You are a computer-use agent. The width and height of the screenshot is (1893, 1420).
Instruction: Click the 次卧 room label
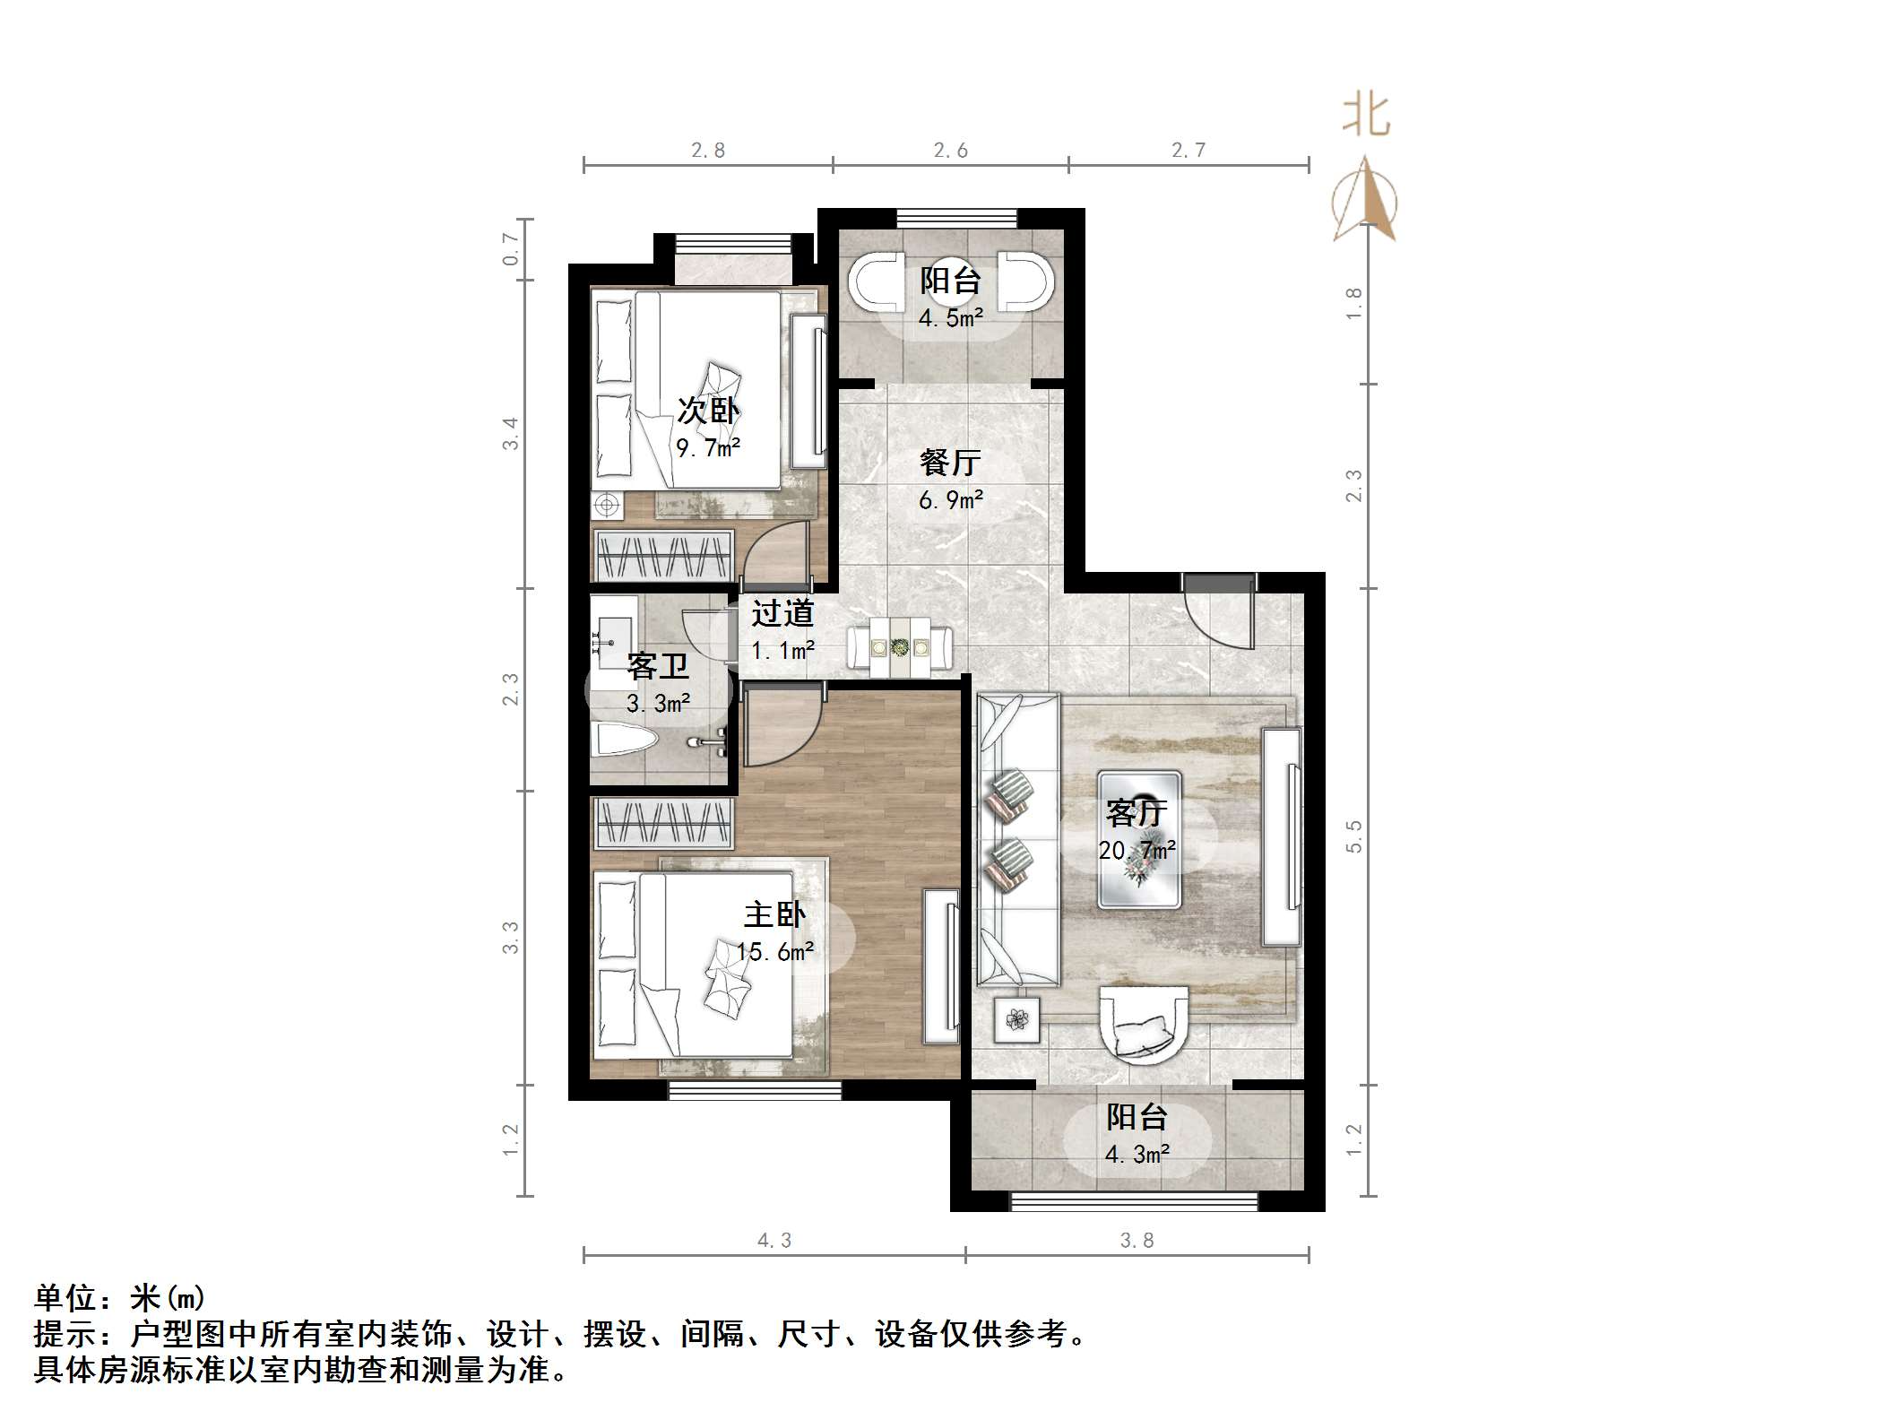(707, 411)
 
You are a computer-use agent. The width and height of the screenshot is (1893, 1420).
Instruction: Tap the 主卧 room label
(774, 914)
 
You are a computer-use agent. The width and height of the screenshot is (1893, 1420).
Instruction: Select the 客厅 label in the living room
(1137, 812)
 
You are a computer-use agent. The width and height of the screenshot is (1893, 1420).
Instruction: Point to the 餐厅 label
(950, 463)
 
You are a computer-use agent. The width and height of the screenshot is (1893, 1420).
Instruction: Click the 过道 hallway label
(782, 613)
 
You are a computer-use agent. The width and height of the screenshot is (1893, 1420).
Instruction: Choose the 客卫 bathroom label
(658, 666)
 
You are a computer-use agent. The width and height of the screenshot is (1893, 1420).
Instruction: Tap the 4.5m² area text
(950, 317)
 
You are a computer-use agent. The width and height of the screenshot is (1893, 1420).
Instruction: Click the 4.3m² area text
(1137, 1154)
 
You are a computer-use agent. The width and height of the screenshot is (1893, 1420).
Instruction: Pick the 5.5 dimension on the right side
(1353, 836)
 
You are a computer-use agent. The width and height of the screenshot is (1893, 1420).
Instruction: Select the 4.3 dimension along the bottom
(774, 1240)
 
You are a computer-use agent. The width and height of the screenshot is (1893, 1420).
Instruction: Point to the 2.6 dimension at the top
(950, 151)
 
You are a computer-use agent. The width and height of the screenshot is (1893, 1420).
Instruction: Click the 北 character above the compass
(1366, 117)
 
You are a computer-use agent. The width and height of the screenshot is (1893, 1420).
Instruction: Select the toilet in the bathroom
(627, 740)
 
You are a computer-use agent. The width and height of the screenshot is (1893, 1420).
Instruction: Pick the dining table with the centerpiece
(900, 645)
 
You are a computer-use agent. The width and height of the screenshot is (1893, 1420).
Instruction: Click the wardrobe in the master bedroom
(663, 823)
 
